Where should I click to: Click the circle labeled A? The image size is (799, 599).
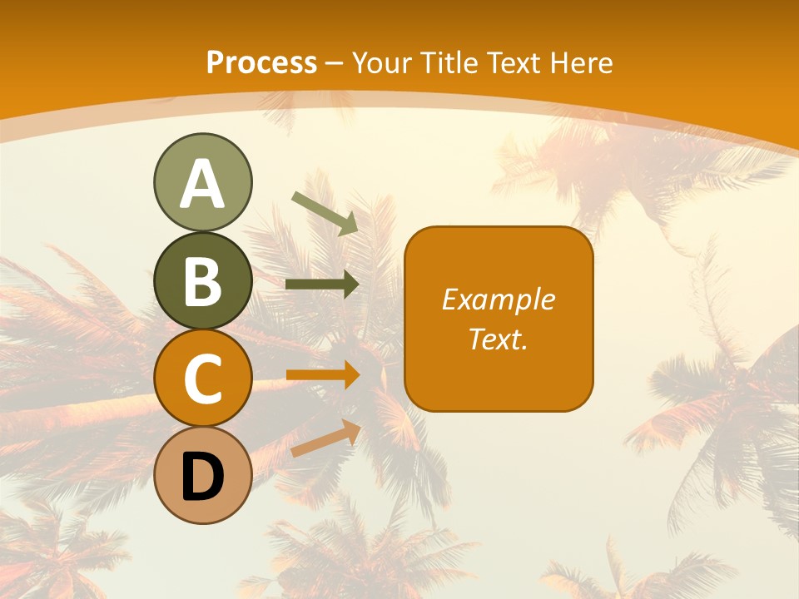pos(202,182)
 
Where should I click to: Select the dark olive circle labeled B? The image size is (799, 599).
pos(202,280)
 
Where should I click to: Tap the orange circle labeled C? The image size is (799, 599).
pos(202,379)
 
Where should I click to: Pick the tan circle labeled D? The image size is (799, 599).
pos(202,476)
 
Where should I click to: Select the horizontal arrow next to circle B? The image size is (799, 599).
pos(322,285)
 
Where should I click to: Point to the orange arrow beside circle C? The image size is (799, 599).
pos(322,375)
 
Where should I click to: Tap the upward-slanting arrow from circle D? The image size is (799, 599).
pos(325,438)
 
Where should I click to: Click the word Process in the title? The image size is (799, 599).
pos(261,62)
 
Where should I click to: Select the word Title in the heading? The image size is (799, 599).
pos(449,62)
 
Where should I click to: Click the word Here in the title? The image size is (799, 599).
pos(581,62)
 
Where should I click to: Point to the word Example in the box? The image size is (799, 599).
pos(498,299)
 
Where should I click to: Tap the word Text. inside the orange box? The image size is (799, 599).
pos(498,339)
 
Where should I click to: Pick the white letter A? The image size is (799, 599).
pos(202,184)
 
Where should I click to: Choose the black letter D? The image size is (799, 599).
pos(202,478)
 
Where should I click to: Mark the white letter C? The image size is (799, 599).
pos(202,379)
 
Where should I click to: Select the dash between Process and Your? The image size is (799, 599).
pos(335,63)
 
